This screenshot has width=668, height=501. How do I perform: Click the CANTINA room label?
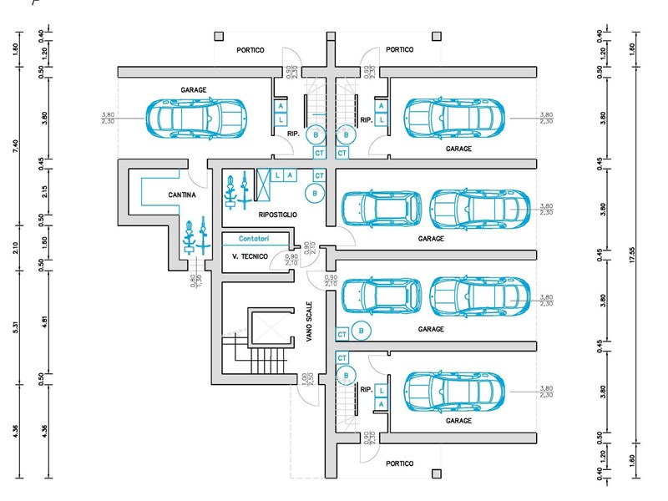pyautogui.click(x=181, y=195)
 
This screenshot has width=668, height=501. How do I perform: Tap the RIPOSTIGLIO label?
pyautogui.click(x=278, y=215)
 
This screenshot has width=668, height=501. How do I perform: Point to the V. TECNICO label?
pyautogui.click(x=250, y=256)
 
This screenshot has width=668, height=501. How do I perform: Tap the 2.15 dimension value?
pyautogui.click(x=44, y=190)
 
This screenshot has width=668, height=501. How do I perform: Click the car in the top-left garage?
pyautogui.click(x=195, y=117)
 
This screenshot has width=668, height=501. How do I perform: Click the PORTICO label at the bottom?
pyautogui.click(x=399, y=463)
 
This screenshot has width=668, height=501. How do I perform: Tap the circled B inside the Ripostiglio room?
pyautogui.click(x=315, y=194)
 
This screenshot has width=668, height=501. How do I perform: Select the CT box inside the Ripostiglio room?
pyautogui.click(x=318, y=175)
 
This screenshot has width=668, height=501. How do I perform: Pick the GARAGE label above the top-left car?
pyautogui.click(x=194, y=89)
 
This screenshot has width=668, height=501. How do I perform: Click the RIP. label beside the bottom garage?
pyautogui.click(x=366, y=389)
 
